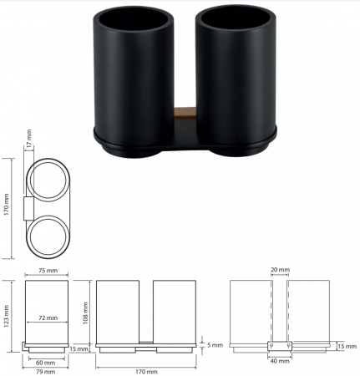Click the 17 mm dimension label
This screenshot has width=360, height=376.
[x=29, y=138]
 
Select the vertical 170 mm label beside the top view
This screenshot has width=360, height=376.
[x=7, y=204]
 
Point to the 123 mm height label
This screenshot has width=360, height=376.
[x=7, y=316]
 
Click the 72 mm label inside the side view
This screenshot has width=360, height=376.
[x=48, y=318]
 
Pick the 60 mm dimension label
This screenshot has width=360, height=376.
[x=45, y=363]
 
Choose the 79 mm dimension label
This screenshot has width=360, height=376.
[x=45, y=372]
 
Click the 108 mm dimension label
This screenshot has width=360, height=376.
[x=85, y=312]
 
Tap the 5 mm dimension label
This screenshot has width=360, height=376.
[x=215, y=345]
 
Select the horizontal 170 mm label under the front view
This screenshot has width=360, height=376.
[x=146, y=372]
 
